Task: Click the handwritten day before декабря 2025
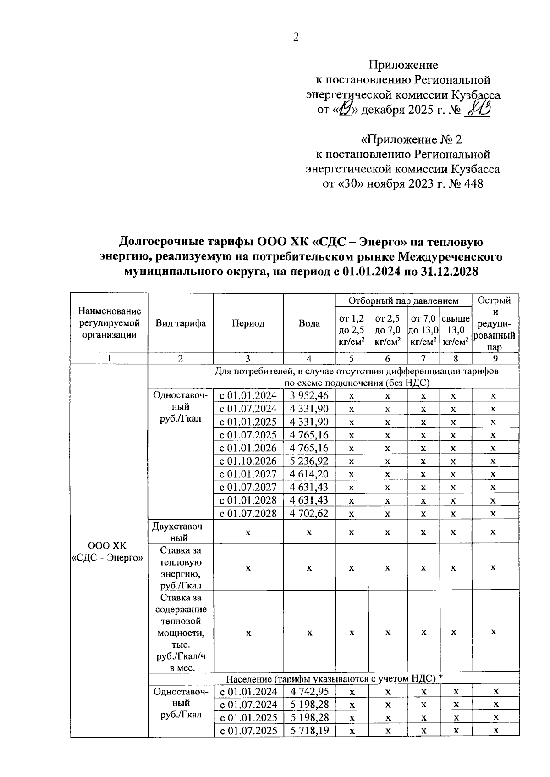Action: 344,111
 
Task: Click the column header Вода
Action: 309,323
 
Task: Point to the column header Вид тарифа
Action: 181,323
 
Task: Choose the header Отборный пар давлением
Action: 403,301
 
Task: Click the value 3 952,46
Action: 309,396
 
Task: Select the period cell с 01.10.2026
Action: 248,461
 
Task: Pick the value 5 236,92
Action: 309,461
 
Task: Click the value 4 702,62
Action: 309,513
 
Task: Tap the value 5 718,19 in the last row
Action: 309,730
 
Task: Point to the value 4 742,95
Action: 309,692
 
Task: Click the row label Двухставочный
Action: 179,532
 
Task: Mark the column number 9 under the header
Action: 495,359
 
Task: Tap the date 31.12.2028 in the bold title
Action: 444,272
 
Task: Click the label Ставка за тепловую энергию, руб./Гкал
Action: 181,568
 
